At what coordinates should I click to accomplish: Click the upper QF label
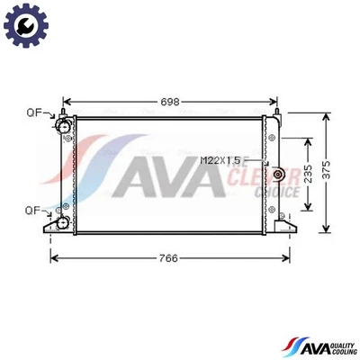33,113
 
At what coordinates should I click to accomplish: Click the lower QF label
33,211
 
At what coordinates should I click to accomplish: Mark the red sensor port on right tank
279,174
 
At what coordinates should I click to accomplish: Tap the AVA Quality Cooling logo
319,346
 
